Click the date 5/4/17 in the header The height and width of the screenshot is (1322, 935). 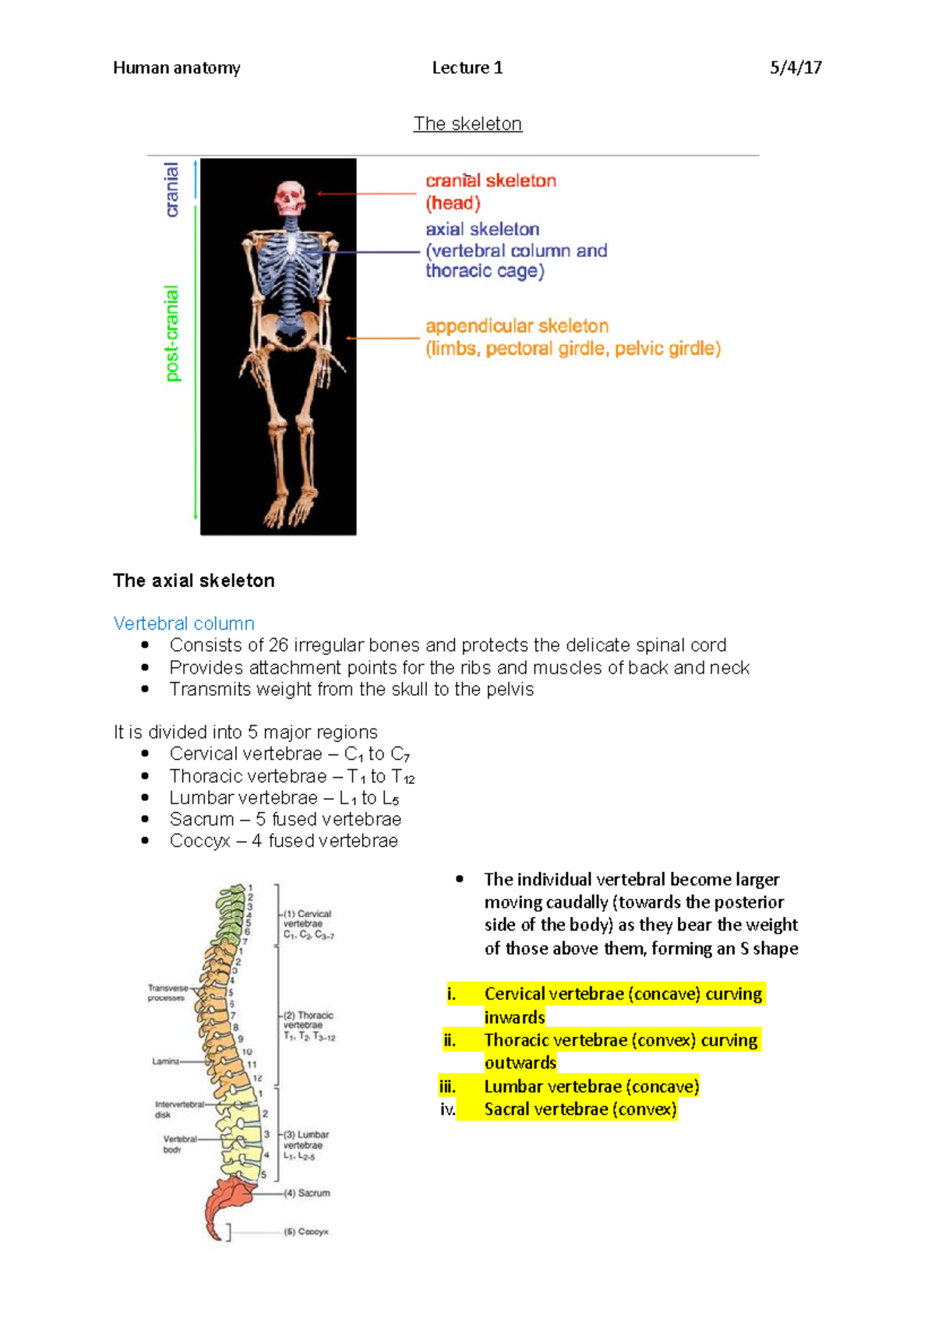(x=796, y=68)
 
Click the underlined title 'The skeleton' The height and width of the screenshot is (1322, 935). (x=467, y=124)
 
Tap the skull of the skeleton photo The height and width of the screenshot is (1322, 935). (x=289, y=198)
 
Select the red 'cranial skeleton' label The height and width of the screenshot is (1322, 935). (x=490, y=181)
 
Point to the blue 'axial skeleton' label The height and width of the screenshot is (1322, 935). (x=482, y=229)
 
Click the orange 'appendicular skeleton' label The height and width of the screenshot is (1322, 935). (x=517, y=326)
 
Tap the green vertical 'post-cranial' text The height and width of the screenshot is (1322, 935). (x=172, y=333)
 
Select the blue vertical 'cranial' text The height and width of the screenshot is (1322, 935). (x=172, y=189)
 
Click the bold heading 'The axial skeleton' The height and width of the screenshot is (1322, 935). (x=193, y=581)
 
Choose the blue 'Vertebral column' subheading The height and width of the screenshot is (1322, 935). (x=184, y=624)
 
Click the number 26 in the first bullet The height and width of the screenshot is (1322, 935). (x=278, y=645)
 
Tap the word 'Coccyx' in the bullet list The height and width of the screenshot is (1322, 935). (x=200, y=842)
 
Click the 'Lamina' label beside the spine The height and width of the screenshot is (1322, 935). (x=165, y=1061)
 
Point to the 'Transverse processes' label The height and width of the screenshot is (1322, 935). (x=167, y=993)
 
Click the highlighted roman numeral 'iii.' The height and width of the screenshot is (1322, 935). (x=447, y=1087)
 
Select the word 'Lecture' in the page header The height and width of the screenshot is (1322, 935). (x=460, y=68)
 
